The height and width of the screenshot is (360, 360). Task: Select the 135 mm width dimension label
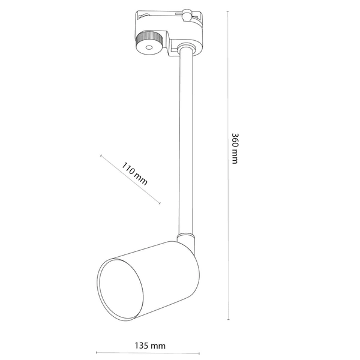point(149,346)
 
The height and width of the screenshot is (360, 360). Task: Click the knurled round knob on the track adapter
point(146,43)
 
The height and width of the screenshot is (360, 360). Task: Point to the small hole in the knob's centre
point(146,46)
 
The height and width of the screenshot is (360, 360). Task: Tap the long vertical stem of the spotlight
point(184,144)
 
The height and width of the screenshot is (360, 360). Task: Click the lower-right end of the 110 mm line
point(160,203)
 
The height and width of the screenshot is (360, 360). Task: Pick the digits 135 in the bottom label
point(142,346)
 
